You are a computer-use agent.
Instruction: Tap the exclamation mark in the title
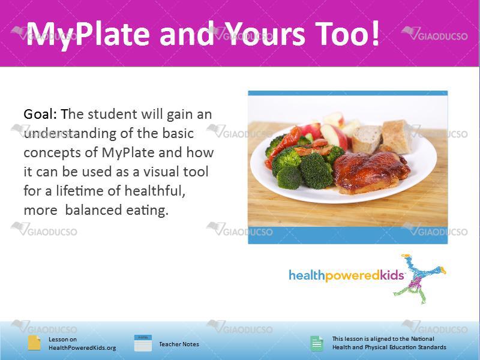coord(376,32)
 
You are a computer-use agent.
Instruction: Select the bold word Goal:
coord(40,114)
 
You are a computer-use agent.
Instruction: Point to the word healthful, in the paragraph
coord(155,191)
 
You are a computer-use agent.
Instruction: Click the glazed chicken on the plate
coord(371,172)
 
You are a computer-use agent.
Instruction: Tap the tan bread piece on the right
coord(396,136)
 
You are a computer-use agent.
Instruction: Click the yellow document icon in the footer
coord(34,343)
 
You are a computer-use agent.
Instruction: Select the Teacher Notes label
coord(179,344)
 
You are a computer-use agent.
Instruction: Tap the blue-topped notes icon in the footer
coord(143,343)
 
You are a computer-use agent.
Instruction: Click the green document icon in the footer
coord(317,343)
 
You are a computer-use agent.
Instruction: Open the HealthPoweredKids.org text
coord(82,348)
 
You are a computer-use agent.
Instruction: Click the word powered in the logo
coord(352,275)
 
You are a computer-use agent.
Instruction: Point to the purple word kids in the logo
coord(392,275)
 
